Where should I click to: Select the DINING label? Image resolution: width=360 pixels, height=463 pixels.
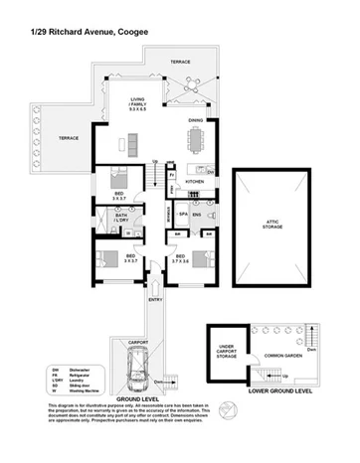(x=195, y=121)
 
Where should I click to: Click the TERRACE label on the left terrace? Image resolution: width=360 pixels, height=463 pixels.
(x=67, y=138)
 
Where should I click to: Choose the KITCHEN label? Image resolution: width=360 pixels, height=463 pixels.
(x=194, y=182)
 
